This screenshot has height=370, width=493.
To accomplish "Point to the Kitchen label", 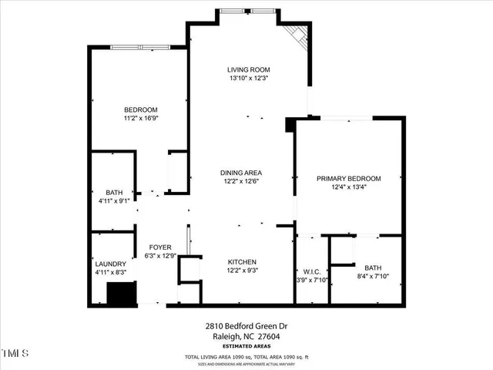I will click(x=242, y=262).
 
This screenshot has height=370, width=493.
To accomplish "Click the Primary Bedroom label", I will click(x=348, y=178).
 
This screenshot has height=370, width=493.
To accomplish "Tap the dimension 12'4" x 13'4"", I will click(x=348, y=187).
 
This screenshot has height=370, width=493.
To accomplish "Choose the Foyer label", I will click(x=159, y=247).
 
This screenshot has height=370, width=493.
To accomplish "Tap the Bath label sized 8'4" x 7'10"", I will click(x=374, y=267).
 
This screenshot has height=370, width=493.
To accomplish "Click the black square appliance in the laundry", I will click(x=119, y=294).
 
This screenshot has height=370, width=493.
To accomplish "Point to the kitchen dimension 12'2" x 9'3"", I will click(x=242, y=271).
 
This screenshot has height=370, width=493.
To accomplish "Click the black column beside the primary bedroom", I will click(x=290, y=124).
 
